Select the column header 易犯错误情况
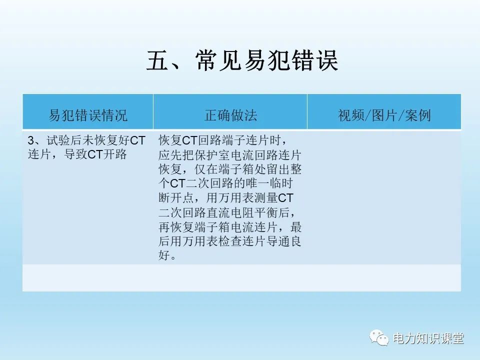click(x=88, y=115)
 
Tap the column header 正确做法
click(x=230, y=115)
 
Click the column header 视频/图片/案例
click(x=384, y=115)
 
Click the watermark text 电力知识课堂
click(x=428, y=338)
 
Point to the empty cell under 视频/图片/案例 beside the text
click(x=384, y=197)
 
